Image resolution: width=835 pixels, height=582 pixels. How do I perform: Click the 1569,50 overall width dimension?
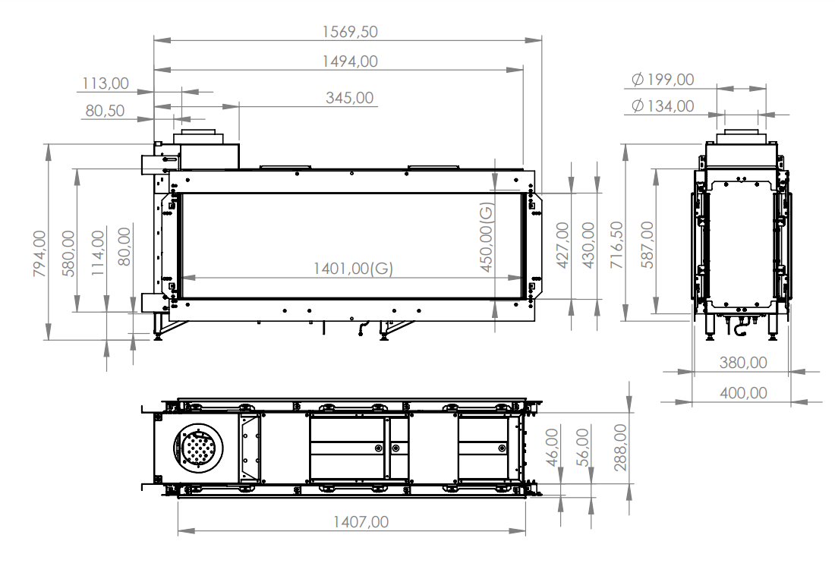349,32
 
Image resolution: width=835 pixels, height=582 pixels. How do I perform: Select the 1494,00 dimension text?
349,61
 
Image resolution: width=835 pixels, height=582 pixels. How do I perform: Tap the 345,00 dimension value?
349,98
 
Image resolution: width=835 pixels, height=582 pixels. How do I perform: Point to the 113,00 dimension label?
106,83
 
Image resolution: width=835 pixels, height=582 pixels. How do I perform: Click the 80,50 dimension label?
105,111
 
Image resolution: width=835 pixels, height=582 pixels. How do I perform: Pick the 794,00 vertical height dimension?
39,253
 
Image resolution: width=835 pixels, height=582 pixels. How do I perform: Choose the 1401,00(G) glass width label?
353,269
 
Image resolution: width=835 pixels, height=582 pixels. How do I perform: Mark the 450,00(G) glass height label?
487,237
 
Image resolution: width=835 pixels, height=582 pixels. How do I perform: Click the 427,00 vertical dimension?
562,245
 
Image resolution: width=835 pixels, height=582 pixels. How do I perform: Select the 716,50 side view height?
616,245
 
